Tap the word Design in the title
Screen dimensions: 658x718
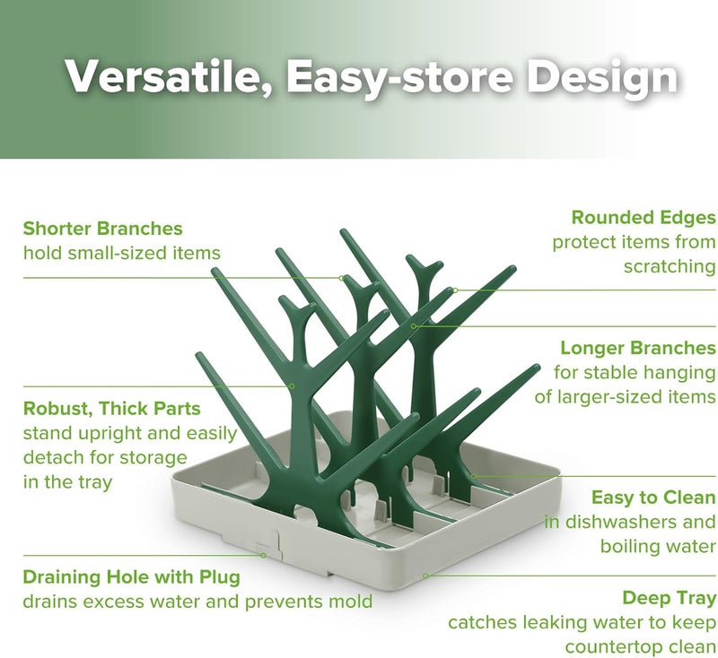click(600, 78)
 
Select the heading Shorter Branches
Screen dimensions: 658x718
click(103, 229)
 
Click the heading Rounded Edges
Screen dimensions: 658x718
click(644, 217)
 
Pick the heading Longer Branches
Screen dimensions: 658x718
click(638, 348)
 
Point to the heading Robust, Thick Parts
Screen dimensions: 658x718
click(112, 409)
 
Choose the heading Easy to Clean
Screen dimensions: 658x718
click(653, 498)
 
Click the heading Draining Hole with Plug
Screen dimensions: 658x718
click(132, 576)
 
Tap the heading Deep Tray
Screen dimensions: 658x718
click(669, 598)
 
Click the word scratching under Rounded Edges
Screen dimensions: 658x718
click(670, 266)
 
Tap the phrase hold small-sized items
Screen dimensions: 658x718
click(121, 253)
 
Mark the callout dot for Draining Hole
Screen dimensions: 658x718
click(263, 555)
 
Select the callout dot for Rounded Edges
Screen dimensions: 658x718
click(455, 290)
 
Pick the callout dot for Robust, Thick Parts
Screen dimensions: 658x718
click(293, 385)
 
